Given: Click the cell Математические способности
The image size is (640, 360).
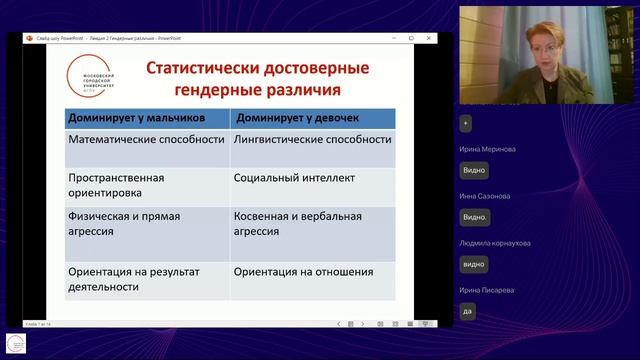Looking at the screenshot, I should [x=146, y=139].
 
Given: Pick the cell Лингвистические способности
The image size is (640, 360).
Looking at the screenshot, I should [x=312, y=139].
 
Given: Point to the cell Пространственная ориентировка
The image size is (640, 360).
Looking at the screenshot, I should [x=115, y=185].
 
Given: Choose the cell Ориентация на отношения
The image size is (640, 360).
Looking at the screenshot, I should [x=303, y=271].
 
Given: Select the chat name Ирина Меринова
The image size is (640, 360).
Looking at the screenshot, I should [x=487, y=148].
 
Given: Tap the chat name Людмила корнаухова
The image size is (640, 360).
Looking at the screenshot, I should [x=495, y=243].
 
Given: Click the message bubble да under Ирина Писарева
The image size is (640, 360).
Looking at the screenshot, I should [x=467, y=311].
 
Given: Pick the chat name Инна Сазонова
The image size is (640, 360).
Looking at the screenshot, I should [x=484, y=196].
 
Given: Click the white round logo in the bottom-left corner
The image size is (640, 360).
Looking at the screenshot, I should [x=17, y=344].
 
